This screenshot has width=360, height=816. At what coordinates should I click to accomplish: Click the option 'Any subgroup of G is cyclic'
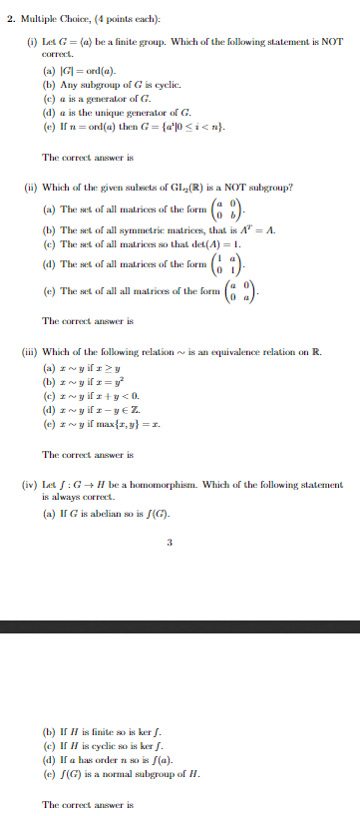point(112,89)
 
